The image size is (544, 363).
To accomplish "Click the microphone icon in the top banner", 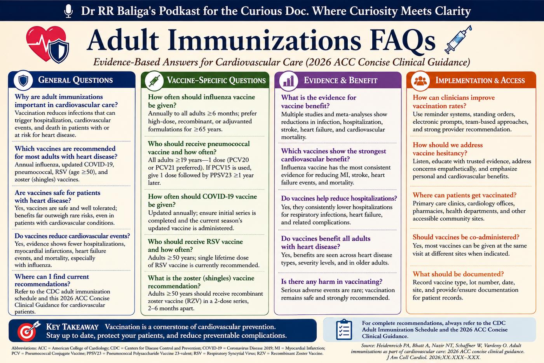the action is [x=68, y=11].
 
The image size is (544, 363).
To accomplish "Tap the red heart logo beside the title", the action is [x=44, y=42].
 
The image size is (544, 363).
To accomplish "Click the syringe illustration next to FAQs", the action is [x=458, y=39].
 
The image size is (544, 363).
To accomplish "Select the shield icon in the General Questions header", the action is [x=23, y=80].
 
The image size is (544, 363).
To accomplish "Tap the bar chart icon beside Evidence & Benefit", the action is [x=288, y=81].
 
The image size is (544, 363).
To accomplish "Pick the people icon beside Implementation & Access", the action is [x=420, y=81].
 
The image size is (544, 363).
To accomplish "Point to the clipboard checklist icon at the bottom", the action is [x=344, y=330].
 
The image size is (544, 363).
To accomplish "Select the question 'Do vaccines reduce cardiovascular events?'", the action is [x=72, y=236].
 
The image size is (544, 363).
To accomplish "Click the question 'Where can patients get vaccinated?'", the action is [x=465, y=195].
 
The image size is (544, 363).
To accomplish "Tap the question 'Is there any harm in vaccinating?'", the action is [x=332, y=281].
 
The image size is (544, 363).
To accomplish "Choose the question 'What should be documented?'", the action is [x=458, y=274].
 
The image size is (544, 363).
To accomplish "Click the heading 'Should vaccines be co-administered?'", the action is [x=466, y=237].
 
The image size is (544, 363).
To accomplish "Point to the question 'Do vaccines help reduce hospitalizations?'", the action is [x=339, y=198].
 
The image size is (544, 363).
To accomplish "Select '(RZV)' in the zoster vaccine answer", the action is [x=194, y=301].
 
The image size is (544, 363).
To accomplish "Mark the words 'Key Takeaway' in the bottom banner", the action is [x=72, y=326].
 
